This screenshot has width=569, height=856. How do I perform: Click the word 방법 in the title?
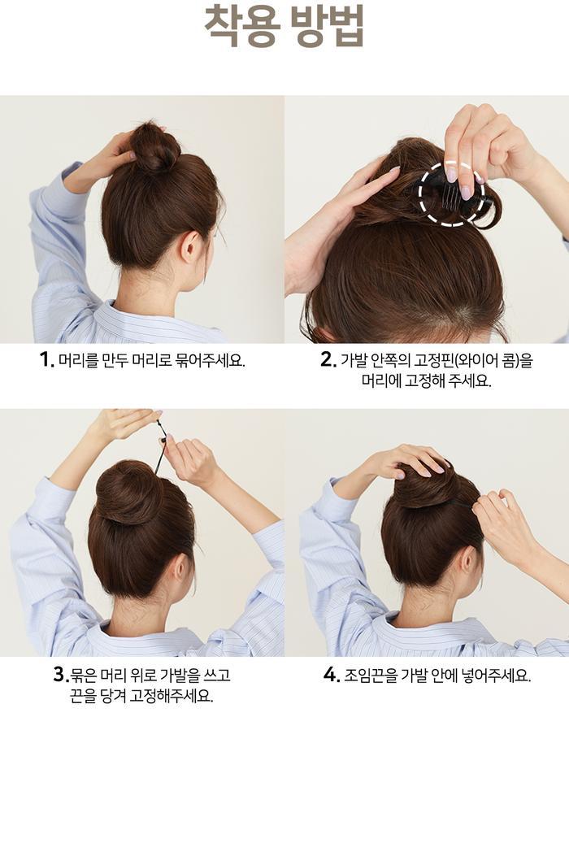pos(327,26)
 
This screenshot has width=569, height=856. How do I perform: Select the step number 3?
pos(60,675)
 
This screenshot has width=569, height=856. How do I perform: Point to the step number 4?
pos(332,675)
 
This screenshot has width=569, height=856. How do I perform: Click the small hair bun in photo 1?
pos(155,148)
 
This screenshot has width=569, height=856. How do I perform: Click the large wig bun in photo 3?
pos(129,491)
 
